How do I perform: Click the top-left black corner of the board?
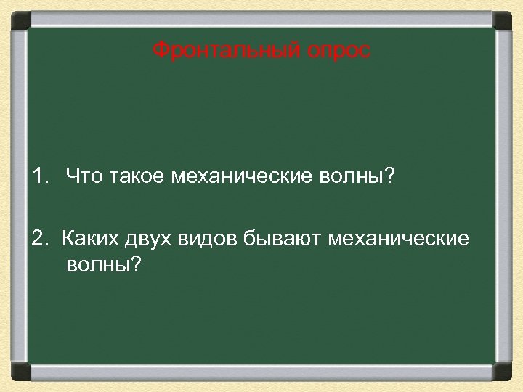coord(20,20)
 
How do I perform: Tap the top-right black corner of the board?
coord(503,20)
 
